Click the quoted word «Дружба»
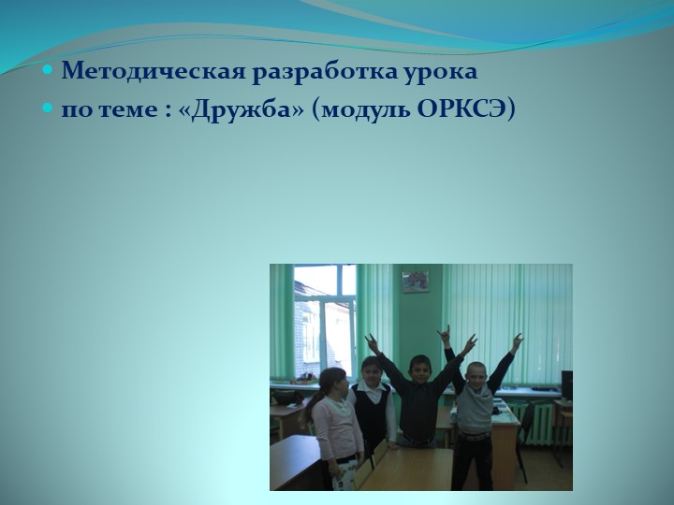pos(242,109)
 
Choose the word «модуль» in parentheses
pos(357,109)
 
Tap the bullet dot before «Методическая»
pos(49,71)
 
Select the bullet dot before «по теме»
pos(49,109)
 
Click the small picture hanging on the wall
pos(415,281)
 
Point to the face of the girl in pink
pos(333,382)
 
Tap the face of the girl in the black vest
pos(372,370)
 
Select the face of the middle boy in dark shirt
pos(419,368)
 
